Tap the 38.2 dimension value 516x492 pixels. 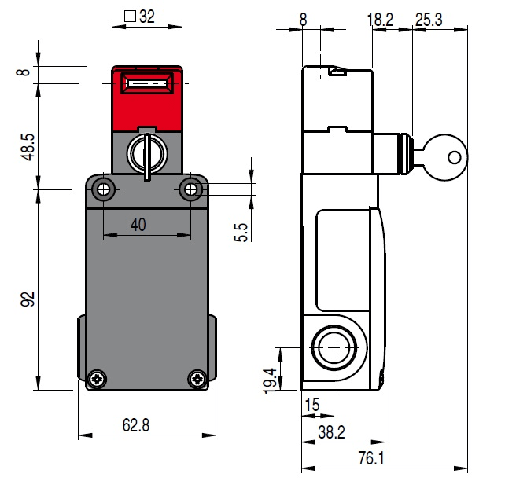[x=330, y=432]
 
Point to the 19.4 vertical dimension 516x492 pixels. [x=271, y=380]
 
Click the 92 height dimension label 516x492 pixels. [x=28, y=299]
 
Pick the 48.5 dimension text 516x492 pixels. [x=28, y=146]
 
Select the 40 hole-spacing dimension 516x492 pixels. [x=138, y=225]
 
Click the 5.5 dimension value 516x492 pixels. [x=242, y=232]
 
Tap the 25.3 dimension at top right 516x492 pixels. [x=429, y=20]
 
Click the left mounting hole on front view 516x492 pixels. [x=103, y=189]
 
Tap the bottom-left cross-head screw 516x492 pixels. [x=97, y=379]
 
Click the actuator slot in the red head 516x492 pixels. [x=147, y=83]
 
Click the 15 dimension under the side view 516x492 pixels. [x=312, y=406]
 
